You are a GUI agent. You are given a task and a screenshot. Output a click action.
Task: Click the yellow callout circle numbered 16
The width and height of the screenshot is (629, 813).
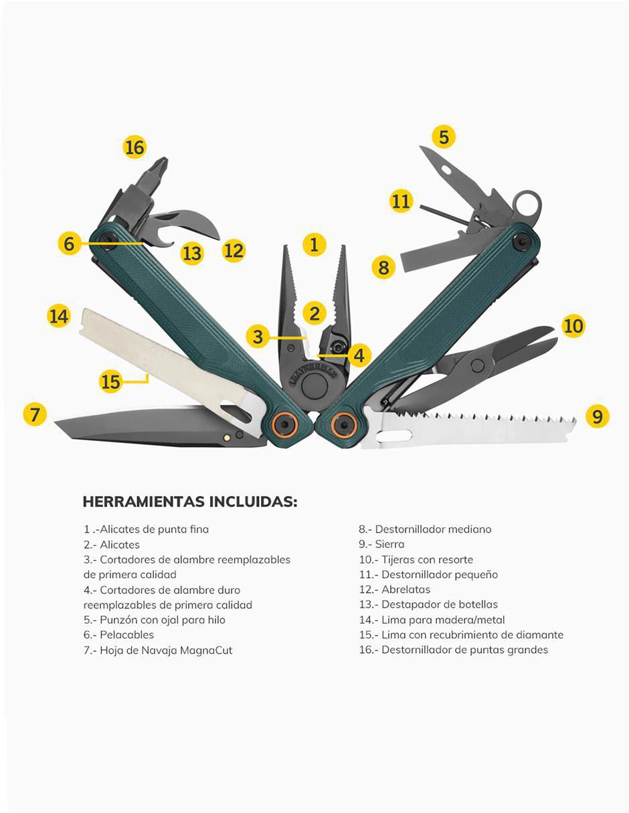134,147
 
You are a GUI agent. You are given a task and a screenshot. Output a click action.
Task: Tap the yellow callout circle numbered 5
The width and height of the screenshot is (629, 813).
444,137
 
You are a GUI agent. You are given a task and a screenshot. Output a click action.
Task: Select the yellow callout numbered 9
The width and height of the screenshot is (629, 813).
597,416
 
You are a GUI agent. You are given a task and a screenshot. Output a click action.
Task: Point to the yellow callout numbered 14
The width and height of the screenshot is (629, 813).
59,316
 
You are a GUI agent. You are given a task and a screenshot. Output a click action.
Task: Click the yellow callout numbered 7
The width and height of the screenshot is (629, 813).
35,415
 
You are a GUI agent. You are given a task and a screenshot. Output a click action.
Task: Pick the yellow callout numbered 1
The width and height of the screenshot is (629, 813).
314,245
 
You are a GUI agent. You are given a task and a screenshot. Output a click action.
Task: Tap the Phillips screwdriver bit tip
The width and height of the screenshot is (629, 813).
161,165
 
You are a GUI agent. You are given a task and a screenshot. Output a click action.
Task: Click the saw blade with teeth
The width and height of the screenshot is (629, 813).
468,428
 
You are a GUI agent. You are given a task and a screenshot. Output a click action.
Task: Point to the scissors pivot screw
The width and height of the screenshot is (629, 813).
477,365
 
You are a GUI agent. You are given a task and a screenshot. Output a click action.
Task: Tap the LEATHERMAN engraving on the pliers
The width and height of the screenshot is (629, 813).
313,375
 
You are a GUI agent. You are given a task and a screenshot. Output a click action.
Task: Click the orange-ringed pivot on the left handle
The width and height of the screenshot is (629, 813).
284,424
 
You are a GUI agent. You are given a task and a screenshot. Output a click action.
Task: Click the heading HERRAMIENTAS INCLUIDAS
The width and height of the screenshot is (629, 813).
189,502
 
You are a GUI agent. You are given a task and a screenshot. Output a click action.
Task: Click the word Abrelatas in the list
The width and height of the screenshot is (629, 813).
406,590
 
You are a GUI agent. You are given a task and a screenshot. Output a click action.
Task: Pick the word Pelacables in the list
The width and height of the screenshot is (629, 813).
126,635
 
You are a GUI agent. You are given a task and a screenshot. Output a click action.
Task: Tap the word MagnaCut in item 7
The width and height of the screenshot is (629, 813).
206,650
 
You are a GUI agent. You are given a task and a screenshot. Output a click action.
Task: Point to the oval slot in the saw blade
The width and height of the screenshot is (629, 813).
394,436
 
